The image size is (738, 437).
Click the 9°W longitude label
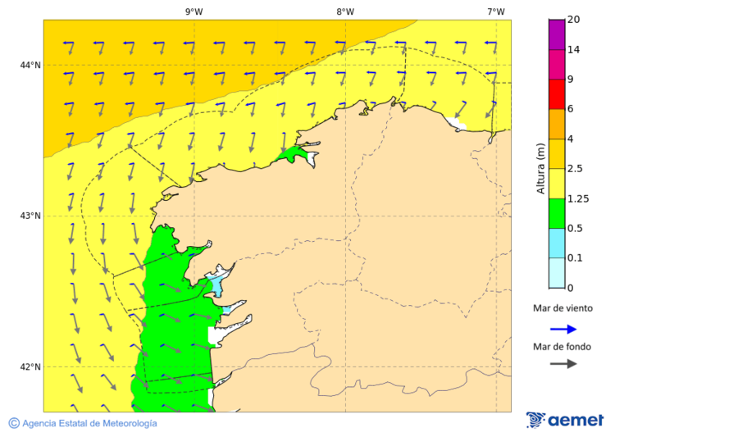[194, 11]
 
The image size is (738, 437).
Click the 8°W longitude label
[345, 11]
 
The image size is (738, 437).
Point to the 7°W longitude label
[495, 11]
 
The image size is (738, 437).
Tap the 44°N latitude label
[30, 66]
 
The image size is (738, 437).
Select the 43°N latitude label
[30, 216]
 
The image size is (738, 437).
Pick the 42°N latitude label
[30, 366]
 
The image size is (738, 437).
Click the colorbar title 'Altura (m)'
[540, 168]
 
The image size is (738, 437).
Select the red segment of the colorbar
[557, 93]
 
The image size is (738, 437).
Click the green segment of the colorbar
[557, 213]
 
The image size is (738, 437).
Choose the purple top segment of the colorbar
[557, 34]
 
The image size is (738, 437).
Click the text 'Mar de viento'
[563, 309]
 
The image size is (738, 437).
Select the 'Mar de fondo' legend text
[562, 347]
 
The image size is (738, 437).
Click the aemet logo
[565, 420]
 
